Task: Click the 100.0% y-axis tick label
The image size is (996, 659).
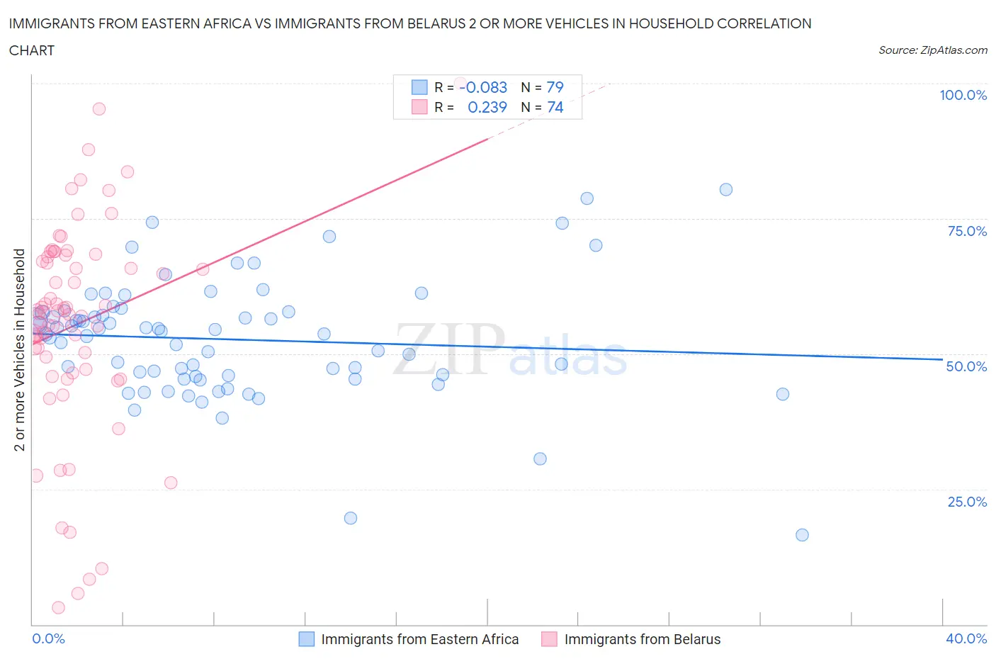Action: pyautogui.click(x=963, y=95)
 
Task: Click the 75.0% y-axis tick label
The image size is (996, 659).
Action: pyautogui.click(x=967, y=231)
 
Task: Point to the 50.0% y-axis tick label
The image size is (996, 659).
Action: pyautogui.click(x=966, y=366)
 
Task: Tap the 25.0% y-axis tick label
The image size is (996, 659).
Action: pyautogui.click(x=967, y=502)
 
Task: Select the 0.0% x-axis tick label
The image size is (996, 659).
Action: pyautogui.click(x=48, y=638)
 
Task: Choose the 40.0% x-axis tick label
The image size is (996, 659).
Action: pyautogui.click(x=966, y=638)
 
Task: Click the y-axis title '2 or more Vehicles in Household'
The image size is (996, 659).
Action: pyautogui.click(x=20, y=349)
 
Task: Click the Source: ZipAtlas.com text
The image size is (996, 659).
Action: pyautogui.click(x=932, y=50)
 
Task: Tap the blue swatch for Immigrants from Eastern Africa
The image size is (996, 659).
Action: pyautogui.click(x=306, y=639)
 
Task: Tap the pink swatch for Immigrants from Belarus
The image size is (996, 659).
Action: pyautogui.click(x=549, y=639)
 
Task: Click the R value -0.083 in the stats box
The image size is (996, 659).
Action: pyautogui.click(x=485, y=87)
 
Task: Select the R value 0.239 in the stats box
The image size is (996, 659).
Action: pyautogui.click(x=487, y=107)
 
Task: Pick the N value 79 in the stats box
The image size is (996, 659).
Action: pyautogui.click(x=555, y=87)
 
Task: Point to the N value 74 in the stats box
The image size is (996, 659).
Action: pyautogui.click(x=555, y=107)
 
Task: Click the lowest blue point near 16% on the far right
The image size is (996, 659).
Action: pyautogui.click(x=802, y=535)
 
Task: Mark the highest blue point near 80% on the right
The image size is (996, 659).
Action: pyautogui.click(x=726, y=189)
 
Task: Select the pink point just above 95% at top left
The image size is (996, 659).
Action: pyautogui.click(x=99, y=109)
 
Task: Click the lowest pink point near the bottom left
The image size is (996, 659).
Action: pyautogui.click(x=59, y=607)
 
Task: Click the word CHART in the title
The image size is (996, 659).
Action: pyautogui.click(x=32, y=50)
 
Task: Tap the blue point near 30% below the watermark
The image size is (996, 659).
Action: pyautogui.click(x=540, y=458)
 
